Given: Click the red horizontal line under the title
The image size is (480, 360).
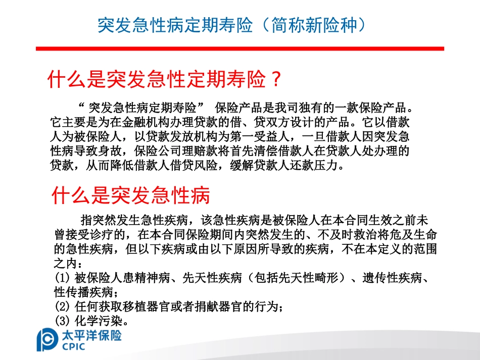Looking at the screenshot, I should (239, 48).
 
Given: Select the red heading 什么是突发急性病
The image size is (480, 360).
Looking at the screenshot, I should (131, 195).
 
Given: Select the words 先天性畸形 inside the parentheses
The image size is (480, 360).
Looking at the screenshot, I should (301, 278).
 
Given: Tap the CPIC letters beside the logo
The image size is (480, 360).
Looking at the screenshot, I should (74, 346).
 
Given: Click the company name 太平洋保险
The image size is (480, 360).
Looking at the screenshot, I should (91, 335).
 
